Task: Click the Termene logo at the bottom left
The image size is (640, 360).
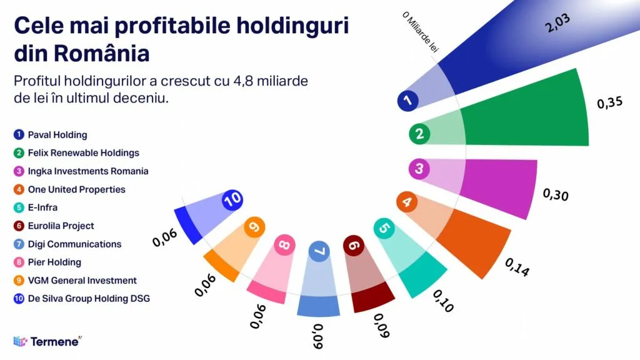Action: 47,341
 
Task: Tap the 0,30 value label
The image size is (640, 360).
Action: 556,194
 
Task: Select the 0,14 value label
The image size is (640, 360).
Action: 517,267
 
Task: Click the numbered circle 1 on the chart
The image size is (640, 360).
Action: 407,101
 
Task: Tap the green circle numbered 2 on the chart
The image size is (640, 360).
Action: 419,133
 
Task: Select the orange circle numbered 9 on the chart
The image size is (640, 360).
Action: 254,227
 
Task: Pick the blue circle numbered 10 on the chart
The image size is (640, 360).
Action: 232,200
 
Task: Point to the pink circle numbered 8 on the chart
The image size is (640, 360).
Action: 284,245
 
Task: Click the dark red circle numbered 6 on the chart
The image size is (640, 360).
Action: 354,246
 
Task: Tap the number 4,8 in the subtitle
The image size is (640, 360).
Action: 248,81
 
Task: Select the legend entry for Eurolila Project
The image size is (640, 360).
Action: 61,226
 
